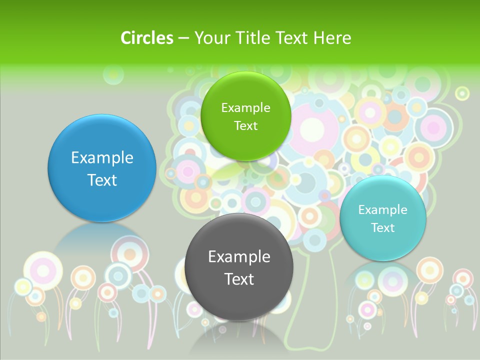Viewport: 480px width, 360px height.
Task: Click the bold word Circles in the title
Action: coord(146,38)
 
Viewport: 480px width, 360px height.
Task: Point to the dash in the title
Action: coord(183,38)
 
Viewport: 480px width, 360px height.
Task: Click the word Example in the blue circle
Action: coord(102,158)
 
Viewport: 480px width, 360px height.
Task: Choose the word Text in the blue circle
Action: coord(102,180)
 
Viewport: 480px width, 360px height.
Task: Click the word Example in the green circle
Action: coord(245,108)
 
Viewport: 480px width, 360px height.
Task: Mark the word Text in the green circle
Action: coord(245,125)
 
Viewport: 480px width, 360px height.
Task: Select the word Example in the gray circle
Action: coord(239,257)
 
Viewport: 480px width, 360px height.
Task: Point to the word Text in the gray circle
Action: coord(239,279)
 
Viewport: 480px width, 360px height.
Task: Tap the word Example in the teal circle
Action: coord(383,210)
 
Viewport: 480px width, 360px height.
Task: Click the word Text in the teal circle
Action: coord(383,228)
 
